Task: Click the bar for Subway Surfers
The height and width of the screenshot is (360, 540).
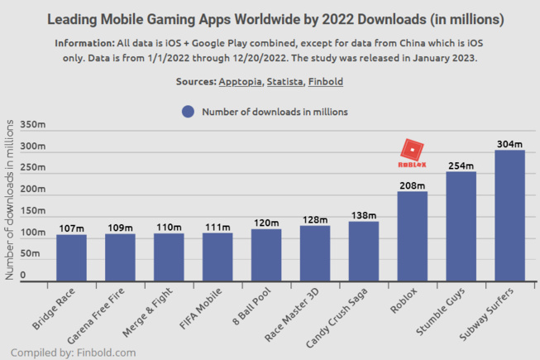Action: click(509, 215)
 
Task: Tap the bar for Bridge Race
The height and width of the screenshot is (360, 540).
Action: click(71, 257)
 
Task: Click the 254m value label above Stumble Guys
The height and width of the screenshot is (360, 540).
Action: click(461, 165)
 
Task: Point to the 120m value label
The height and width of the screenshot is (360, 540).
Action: click(265, 222)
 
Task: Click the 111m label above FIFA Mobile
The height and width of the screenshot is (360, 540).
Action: click(217, 226)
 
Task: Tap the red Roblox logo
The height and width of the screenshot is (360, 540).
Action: click(412, 152)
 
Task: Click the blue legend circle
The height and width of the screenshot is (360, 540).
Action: click(188, 112)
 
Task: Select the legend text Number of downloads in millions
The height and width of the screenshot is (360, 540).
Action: click(275, 112)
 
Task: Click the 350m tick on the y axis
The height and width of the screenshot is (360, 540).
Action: click(34, 124)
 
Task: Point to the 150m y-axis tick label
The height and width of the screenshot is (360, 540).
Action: click(34, 210)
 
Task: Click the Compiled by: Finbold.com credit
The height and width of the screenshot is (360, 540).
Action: click(73, 352)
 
